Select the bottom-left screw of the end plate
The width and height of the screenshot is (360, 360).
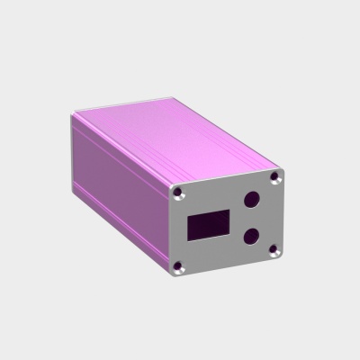tap(180, 265)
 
